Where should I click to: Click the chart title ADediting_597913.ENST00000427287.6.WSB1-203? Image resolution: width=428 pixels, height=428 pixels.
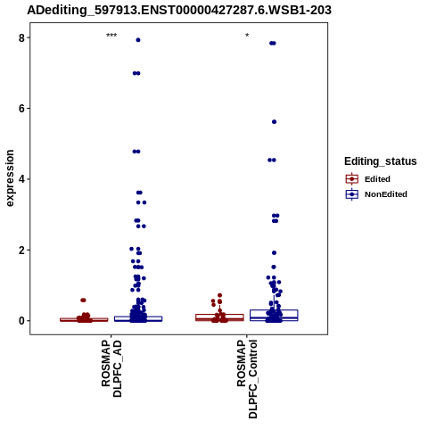coord(179,11)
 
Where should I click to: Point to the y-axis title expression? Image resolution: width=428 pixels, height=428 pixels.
coord(10,178)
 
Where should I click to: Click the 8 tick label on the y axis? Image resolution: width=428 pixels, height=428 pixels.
coord(21,37)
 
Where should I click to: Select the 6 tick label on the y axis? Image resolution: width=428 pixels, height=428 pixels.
coord(21,109)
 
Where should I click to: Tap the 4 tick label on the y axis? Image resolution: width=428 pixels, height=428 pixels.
coord(21,179)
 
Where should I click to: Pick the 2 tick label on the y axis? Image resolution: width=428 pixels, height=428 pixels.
coord(21,250)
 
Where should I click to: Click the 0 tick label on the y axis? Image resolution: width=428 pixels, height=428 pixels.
coord(21,321)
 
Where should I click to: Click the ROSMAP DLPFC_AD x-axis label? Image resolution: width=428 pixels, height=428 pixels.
coord(111,368)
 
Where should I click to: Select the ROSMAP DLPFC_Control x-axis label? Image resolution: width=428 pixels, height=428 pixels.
coord(247,379)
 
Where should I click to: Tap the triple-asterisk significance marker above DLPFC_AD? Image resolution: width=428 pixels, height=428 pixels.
coord(111,36)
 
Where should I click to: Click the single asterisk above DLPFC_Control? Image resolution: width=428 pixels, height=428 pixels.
coord(247,36)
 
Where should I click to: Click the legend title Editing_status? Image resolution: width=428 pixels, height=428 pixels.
coord(381,161)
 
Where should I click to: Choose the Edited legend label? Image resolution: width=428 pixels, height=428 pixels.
coord(377,179)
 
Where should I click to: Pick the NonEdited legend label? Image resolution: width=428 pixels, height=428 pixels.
coord(386,194)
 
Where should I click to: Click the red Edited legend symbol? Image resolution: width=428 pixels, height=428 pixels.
coord(352,179)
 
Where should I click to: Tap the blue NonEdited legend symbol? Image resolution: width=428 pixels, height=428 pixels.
coord(352,194)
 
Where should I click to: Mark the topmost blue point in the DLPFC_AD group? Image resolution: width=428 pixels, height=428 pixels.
coord(138,40)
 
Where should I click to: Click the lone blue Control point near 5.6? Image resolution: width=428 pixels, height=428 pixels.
coord(274,122)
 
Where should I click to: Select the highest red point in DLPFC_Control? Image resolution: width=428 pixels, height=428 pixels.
coord(220,295)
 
